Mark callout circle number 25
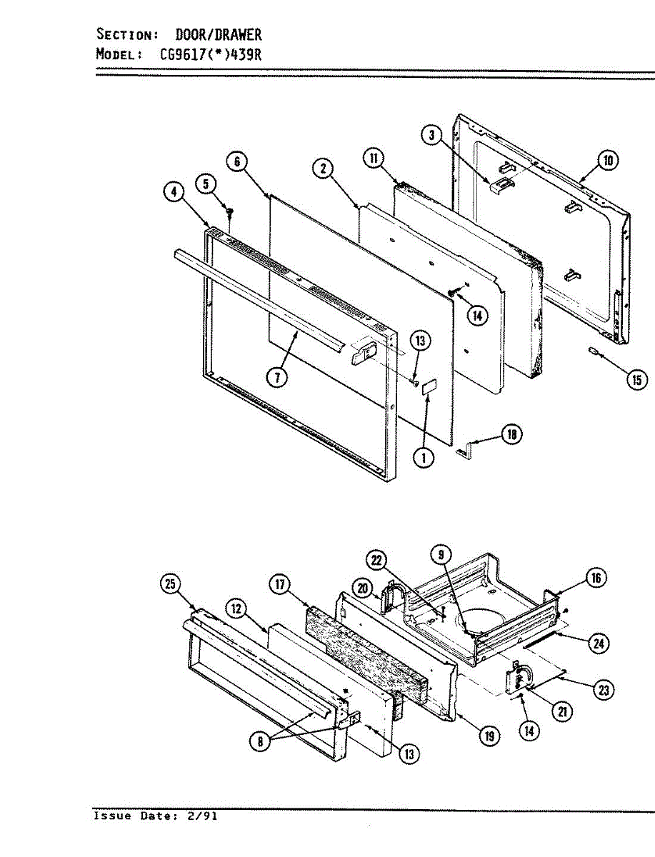169,584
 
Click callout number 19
489,736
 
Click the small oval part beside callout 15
594,350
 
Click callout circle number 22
379,560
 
